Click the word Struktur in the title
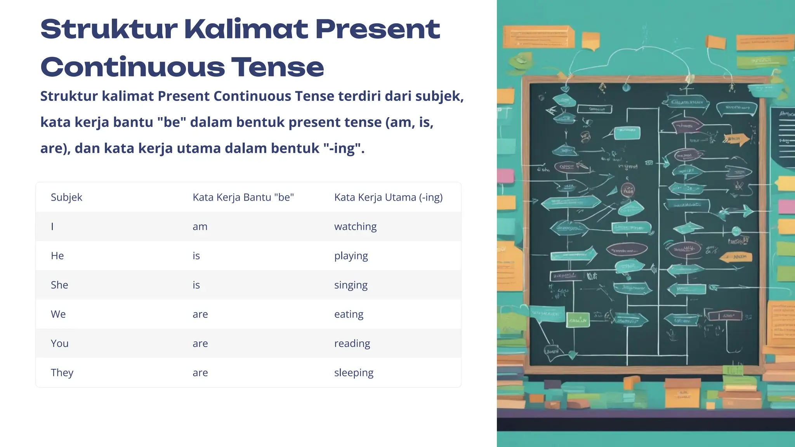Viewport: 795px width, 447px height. tap(109, 29)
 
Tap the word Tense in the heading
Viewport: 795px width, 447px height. tap(278, 68)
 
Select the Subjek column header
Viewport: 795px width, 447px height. tap(66, 197)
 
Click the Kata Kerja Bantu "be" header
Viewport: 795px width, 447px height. tap(243, 197)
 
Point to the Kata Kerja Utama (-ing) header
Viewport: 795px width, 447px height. tap(388, 197)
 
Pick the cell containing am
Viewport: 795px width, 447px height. tap(200, 227)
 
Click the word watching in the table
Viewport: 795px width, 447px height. tap(355, 227)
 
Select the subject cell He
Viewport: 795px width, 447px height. tap(57, 256)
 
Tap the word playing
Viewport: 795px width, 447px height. tap(351, 256)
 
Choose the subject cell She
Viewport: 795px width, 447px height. tap(59, 285)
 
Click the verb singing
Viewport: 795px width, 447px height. tap(351, 285)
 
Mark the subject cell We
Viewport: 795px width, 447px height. tap(58, 314)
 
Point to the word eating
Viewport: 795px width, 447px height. tap(349, 314)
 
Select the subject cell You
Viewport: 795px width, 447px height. tap(60, 343)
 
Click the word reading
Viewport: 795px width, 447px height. tap(352, 343)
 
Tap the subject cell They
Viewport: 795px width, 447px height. tap(62, 372)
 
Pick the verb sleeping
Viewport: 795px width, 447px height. tap(354, 373)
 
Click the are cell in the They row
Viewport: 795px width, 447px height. tap(200, 373)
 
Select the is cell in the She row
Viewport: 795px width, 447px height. tap(196, 285)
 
